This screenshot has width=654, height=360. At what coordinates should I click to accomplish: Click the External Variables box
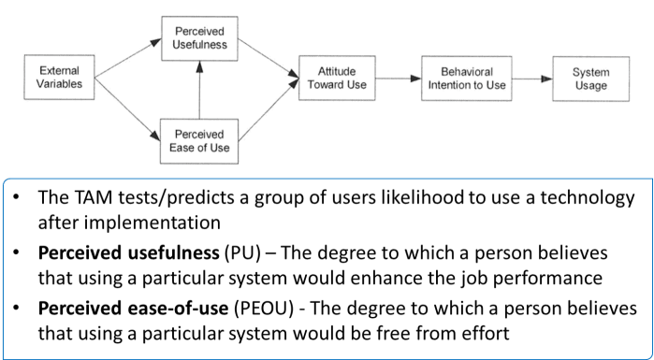[62, 78]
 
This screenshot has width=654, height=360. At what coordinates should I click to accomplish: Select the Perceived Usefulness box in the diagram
[197, 40]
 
